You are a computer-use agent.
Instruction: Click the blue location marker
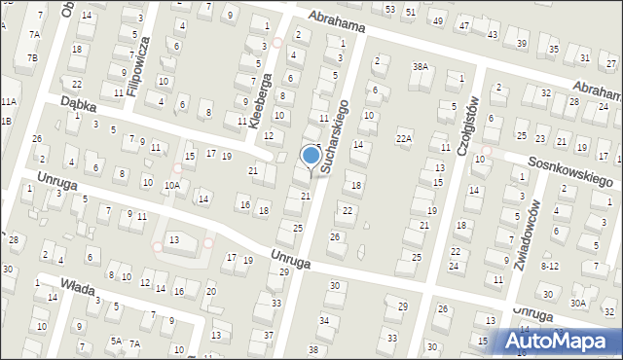coord(311,156)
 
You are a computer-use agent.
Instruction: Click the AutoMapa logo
coord(561,341)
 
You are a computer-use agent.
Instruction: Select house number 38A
coord(421,67)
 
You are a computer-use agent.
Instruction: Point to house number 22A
coord(404,139)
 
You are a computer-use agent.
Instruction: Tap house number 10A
coord(171,185)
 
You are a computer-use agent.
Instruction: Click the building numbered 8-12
coord(550,265)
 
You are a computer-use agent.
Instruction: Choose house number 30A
coord(578,304)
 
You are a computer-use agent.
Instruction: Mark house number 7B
coord(32,58)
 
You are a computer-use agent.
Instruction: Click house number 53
coord(390,9)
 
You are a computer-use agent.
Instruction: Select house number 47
coord(464,25)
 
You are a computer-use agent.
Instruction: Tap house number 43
coord(493,35)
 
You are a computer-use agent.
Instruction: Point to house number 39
coord(523,44)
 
